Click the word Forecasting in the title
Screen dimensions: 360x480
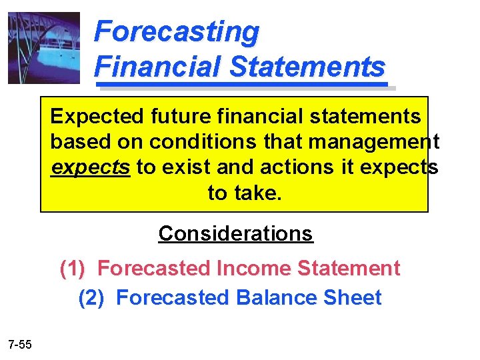tap(177, 32)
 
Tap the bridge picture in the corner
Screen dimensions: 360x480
tap(44, 48)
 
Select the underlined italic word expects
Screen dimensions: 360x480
tap(90, 167)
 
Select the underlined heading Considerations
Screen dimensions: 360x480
tap(235, 233)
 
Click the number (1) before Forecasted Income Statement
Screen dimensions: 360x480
tap(72, 269)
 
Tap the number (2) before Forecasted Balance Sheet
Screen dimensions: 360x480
tap(91, 297)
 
